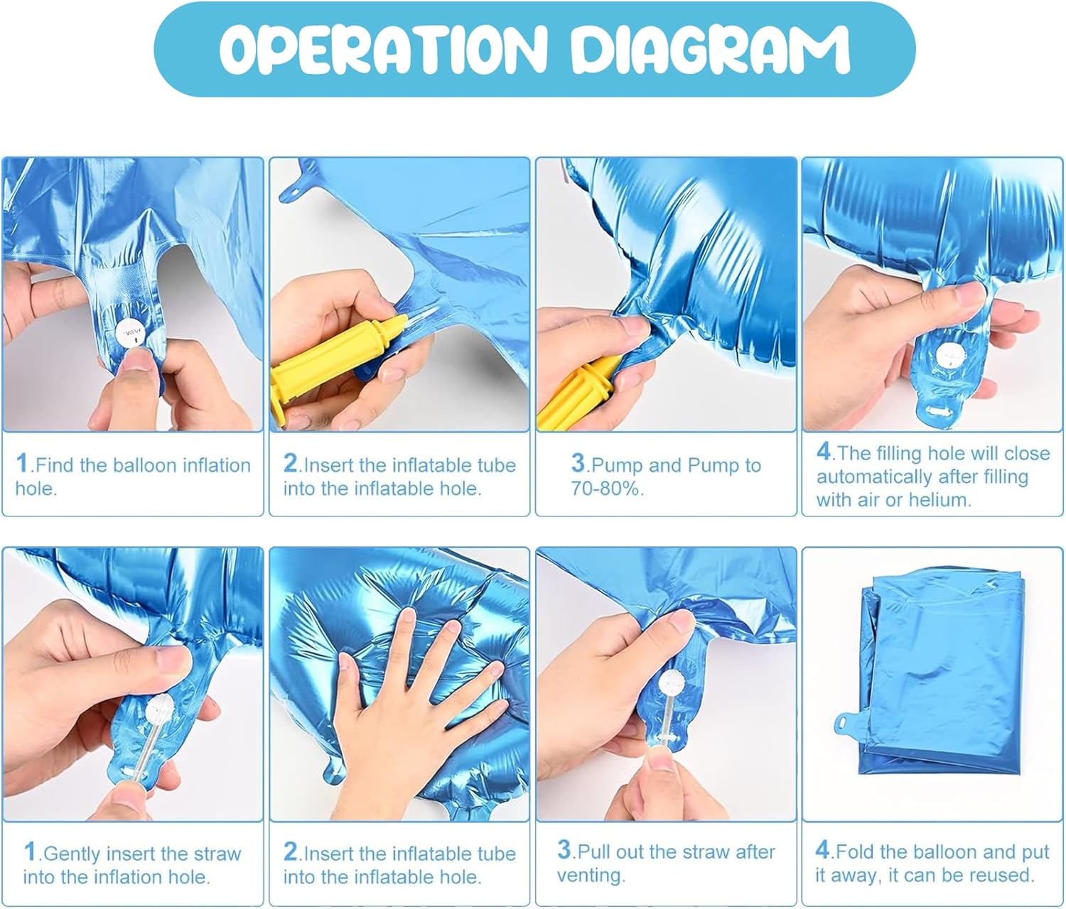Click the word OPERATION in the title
point(382,49)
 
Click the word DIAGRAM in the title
point(710,49)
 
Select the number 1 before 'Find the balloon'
point(21,462)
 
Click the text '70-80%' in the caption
point(606,488)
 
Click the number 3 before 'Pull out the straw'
point(564,849)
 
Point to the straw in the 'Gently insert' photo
point(144,742)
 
